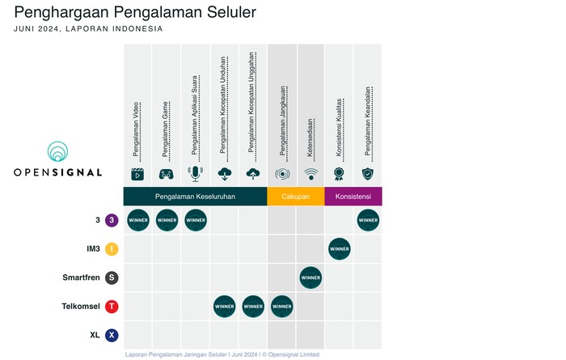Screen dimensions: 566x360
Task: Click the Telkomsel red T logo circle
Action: (x=112, y=307)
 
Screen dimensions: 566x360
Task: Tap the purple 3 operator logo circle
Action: (x=112, y=220)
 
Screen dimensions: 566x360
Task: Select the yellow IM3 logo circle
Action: (x=112, y=249)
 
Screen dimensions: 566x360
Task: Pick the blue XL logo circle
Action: (x=112, y=335)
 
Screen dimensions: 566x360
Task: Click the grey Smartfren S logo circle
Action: (x=112, y=277)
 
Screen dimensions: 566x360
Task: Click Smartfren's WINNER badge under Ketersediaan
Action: (x=310, y=277)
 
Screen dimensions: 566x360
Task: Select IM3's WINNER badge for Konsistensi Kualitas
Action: (x=340, y=249)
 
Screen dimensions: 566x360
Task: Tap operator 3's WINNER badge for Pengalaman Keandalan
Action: (x=368, y=220)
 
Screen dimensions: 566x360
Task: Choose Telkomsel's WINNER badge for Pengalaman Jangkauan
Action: (x=282, y=307)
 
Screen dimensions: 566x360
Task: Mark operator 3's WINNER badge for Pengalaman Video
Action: (x=138, y=220)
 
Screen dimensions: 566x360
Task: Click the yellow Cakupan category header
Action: (x=296, y=197)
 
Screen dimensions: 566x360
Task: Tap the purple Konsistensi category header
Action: (x=353, y=197)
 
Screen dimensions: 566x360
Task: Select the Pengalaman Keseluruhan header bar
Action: (x=196, y=197)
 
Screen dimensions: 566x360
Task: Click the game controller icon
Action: (x=167, y=175)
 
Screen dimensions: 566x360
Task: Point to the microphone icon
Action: (x=196, y=174)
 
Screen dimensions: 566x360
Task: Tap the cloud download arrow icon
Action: (x=225, y=174)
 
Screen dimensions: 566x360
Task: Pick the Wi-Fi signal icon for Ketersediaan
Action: (x=310, y=174)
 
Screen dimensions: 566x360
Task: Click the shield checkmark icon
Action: (x=368, y=174)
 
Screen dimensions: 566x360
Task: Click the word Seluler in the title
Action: (x=231, y=12)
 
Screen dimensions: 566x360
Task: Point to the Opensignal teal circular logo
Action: (x=57, y=151)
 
